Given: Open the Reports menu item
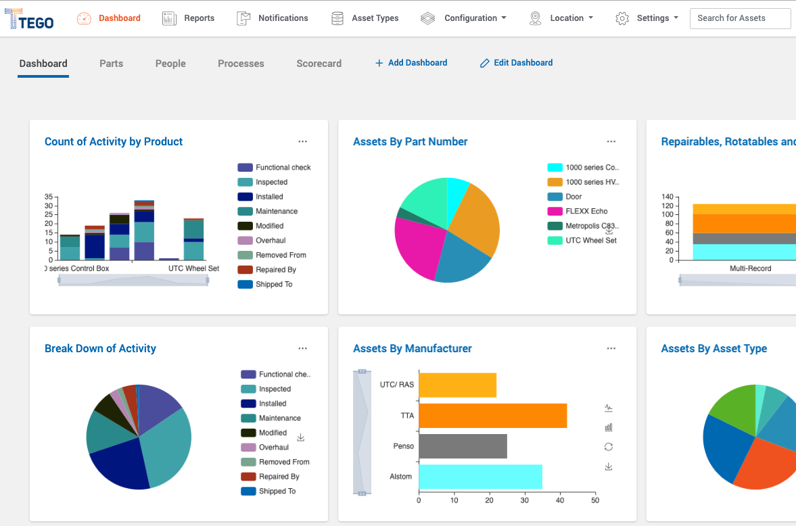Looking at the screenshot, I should pos(189,18).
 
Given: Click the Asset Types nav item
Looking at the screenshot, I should pos(365,18).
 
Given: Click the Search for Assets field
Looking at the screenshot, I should pos(740,18).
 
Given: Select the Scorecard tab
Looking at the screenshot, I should pos(319,64).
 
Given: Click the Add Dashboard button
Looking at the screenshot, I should pos(411,63).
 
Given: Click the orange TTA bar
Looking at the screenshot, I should pos(492,415).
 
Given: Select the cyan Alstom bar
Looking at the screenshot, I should pos(480,477).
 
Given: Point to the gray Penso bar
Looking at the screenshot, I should pos(463,446).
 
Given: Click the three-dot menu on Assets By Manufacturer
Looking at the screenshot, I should pos(611,349).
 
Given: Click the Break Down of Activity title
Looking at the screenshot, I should pos(100,349).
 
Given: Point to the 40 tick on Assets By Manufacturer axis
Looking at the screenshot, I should pos(559,501).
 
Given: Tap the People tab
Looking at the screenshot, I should pos(170,64).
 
